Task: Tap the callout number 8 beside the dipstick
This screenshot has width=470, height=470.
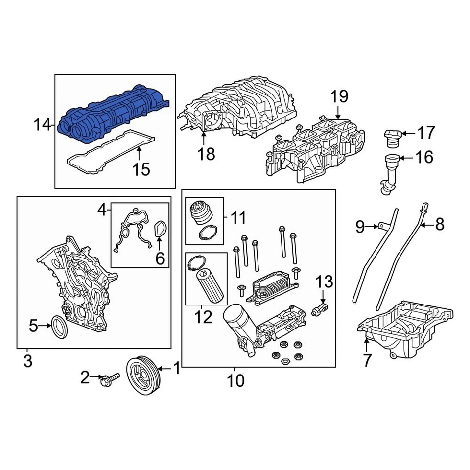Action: pyautogui.click(x=439, y=225)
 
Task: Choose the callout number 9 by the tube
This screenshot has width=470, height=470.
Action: pyautogui.click(x=360, y=226)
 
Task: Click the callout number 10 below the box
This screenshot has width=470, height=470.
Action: pyautogui.click(x=236, y=380)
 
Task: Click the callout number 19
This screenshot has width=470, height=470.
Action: pyautogui.click(x=339, y=96)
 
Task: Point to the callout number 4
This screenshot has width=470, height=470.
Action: pyautogui.click(x=102, y=211)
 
